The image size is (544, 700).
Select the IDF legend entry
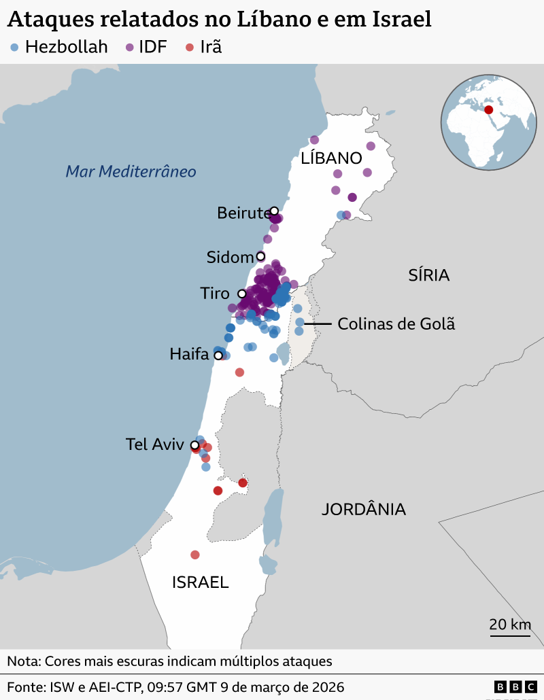(146, 47)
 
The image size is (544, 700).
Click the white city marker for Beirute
(274, 211)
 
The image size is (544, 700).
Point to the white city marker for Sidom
(260, 256)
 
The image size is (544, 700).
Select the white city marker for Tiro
(241, 294)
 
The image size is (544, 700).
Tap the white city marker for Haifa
(218, 355)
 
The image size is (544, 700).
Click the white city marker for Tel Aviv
(194, 445)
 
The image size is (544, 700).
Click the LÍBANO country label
(331, 158)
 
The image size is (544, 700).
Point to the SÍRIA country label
(428, 275)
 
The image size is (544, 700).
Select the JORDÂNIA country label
(363, 509)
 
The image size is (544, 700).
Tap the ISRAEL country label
(200, 582)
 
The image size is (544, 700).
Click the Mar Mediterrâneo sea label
(131, 171)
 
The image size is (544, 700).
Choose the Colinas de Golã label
(396, 324)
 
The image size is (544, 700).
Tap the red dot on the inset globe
(488, 109)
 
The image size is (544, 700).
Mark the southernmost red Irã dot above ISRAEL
(195, 555)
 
